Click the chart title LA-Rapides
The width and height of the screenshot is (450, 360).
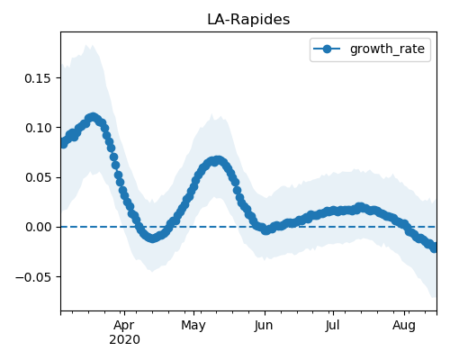[248, 20]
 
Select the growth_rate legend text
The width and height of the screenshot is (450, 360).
[387, 49]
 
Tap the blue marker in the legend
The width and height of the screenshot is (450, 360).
[327, 49]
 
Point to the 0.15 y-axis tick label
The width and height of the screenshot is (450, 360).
[38, 78]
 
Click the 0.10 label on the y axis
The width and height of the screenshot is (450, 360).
[38, 128]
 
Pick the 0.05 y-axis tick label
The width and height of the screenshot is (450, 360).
[38, 177]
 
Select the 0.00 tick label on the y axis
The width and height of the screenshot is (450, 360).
[38, 227]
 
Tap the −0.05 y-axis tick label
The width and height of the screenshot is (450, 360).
[33, 277]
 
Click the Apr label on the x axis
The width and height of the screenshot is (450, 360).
[124, 325]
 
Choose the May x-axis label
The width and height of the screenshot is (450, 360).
[193, 325]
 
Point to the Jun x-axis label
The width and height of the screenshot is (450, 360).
[264, 325]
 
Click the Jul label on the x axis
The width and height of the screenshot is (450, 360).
[333, 325]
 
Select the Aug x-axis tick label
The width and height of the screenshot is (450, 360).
[404, 325]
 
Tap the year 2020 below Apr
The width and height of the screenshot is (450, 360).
[124, 339]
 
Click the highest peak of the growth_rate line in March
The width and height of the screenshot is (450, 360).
[94, 117]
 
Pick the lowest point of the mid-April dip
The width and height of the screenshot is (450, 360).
[153, 238]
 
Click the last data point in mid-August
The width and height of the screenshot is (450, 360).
[434, 247]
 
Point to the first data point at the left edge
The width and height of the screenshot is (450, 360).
[63, 143]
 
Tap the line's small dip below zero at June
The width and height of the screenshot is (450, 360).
[265, 230]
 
